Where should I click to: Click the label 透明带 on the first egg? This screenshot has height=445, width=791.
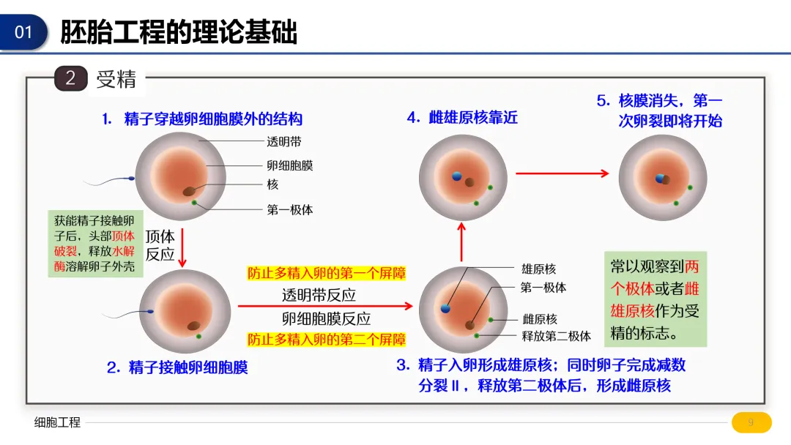click(x=283, y=143)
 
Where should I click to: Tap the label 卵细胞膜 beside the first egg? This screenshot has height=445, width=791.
click(x=289, y=165)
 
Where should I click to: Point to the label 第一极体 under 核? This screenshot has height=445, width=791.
click(x=289, y=210)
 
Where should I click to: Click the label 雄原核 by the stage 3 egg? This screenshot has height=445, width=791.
click(x=538, y=269)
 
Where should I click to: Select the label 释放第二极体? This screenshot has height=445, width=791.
click(x=556, y=336)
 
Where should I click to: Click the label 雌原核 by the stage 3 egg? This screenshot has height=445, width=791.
click(x=539, y=319)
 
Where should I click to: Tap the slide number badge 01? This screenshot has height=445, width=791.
click(x=24, y=32)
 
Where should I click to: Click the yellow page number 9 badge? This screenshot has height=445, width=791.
click(x=751, y=422)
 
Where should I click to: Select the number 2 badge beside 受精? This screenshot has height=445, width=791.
click(x=70, y=78)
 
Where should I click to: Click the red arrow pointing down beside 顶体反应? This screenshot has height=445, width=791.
click(x=183, y=247)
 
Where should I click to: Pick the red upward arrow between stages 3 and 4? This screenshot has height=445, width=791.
click(x=461, y=242)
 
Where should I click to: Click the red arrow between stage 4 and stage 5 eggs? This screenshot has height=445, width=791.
click(x=562, y=173)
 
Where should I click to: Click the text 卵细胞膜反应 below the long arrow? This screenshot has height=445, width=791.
click(x=326, y=318)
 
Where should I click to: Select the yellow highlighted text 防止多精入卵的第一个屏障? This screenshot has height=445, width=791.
click(x=326, y=274)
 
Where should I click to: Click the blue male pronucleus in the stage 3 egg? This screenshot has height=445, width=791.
click(x=445, y=309)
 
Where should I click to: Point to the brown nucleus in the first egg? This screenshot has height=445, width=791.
click(x=189, y=192)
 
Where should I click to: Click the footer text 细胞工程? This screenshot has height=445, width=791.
click(x=57, y=422)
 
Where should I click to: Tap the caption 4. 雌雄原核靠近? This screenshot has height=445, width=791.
click(x=462, y=117)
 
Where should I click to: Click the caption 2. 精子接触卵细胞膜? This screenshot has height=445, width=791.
click(x=177, y=367)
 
